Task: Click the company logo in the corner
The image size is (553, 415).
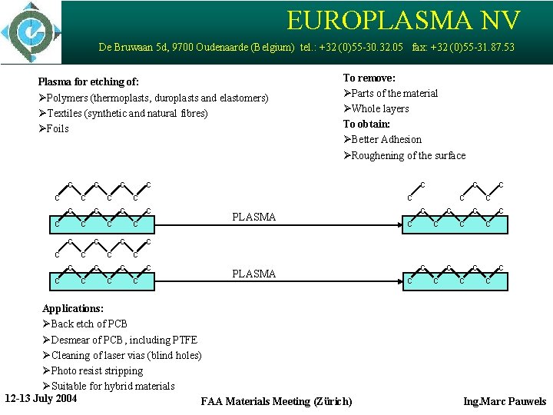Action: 31,32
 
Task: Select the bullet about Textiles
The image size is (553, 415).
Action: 127,113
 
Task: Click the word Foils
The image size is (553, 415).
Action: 58,128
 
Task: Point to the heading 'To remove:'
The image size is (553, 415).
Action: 369,78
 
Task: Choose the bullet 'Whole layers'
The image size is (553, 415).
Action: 379,108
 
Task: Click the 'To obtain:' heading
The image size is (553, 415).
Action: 366,124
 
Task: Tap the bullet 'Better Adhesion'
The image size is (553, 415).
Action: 386,139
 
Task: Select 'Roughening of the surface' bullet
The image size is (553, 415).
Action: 408,155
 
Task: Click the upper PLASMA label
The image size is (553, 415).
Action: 253,217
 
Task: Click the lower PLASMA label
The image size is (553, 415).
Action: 253,274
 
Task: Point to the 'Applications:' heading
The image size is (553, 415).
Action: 72,308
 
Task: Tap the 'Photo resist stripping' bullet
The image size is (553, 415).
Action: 97,370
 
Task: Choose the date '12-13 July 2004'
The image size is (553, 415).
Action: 41,398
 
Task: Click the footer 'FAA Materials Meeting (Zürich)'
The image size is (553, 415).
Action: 276,401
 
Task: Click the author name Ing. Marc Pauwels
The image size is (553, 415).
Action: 505,401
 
